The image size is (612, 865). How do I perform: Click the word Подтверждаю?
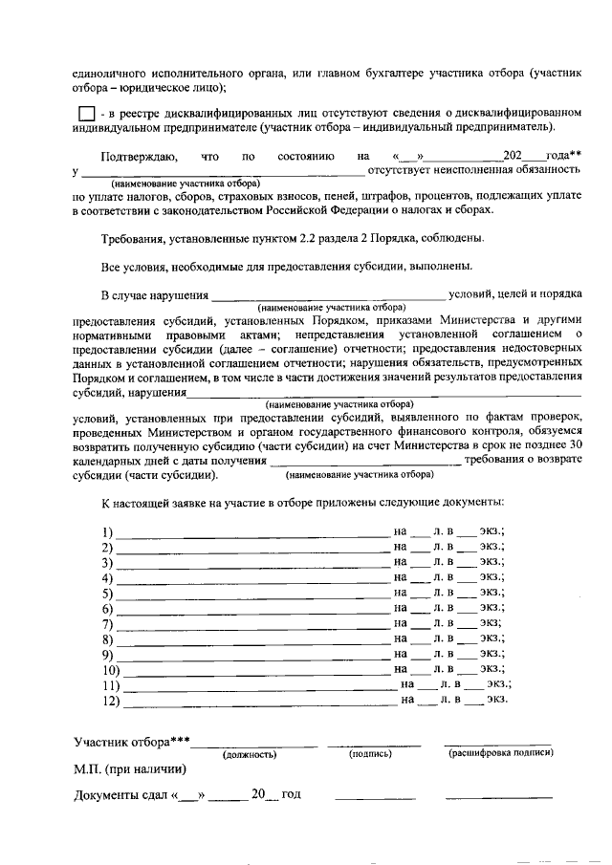138,154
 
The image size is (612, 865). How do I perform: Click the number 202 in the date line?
513,154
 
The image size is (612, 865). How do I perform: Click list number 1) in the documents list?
107,531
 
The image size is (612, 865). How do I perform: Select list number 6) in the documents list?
107,609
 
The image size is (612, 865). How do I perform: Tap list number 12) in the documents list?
110,701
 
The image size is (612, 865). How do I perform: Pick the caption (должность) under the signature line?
250,754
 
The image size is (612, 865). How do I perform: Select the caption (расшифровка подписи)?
500,753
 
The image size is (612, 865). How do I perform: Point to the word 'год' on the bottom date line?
291,795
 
